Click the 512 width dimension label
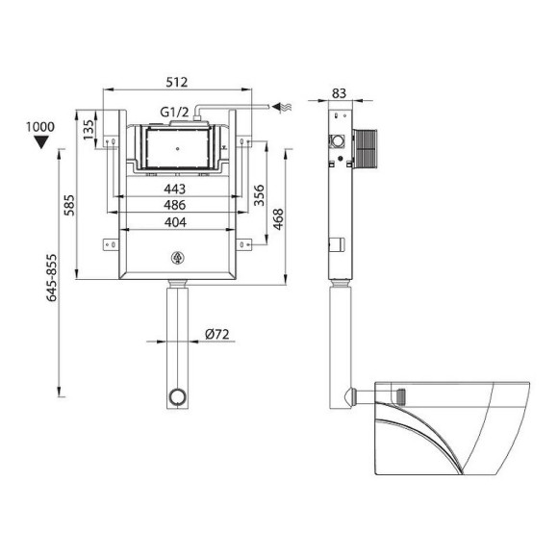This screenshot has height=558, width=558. [x=176, y=82]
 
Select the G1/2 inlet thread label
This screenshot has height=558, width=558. [x=174, y=113]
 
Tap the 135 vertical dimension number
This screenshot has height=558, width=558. [x=88, y=130]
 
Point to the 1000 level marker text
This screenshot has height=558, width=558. [x=40, y=127]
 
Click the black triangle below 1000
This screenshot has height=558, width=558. [x=41, y=141]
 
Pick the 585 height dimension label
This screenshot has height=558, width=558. [x=69, y=205]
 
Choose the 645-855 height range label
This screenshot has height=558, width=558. [x=52, y=278]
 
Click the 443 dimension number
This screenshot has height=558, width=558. [x=175, y=189]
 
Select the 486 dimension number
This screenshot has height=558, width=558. [x=175, y=205]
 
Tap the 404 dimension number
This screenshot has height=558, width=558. [x=175, y=222]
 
